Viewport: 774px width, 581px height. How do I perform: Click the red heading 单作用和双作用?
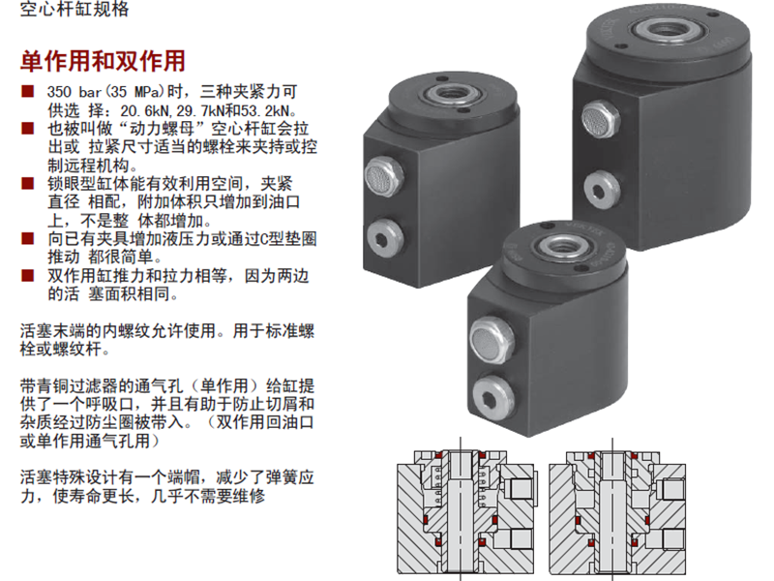(103, 61)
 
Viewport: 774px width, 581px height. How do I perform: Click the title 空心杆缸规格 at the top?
(74, 9)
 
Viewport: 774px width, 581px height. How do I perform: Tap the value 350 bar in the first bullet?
(74, 92)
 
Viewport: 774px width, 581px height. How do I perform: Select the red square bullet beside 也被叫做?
(28, 129)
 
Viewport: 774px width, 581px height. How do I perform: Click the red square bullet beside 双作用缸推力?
(28, 275)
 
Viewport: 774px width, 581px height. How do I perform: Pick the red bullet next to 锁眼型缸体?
(28, 183)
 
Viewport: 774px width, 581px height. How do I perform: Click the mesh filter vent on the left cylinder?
(383, 176)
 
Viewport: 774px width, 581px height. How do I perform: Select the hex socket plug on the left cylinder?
(385, 237)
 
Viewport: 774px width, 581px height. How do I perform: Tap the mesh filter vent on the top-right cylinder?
(600, 119)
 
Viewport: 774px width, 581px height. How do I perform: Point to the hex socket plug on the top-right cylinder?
(601, 190)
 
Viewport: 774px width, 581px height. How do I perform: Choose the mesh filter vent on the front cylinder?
(491, 341)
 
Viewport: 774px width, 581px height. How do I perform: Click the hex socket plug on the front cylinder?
(493, 398)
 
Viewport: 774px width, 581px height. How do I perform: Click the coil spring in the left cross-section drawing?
(436, 487)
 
